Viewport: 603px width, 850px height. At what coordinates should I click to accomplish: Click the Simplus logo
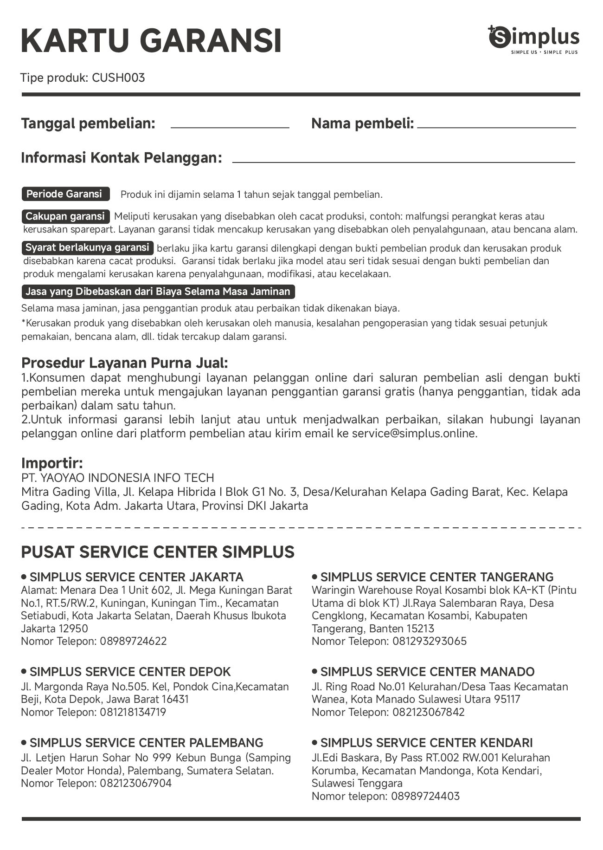coord(534,40)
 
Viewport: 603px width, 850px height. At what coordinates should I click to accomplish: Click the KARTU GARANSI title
coord(151,41)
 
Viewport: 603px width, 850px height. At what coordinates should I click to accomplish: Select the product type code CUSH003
coord(118,78)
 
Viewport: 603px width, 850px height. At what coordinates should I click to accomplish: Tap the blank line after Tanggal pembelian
coord(230,126)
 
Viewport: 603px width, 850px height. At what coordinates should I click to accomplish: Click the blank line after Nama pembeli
coord(496,126)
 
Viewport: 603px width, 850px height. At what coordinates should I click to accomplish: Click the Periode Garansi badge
coord(65,194)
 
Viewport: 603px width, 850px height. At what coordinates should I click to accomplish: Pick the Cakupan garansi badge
coord(65,216)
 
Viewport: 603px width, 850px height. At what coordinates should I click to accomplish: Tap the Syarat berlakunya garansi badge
coord(88,247)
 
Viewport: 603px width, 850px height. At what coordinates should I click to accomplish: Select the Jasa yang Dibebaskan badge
coord(158,292)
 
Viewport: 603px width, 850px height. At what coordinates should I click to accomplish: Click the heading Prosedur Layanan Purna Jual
coord(125,363)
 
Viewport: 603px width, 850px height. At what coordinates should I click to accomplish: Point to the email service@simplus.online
coord(414,434)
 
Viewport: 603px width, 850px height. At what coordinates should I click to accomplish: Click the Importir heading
coord(52,463)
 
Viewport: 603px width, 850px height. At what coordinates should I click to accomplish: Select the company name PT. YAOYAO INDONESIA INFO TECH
coord(118,478)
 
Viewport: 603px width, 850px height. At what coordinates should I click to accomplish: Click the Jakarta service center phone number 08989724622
coord(133,641)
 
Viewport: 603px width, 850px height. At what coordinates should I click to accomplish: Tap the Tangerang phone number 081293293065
coord(430,641)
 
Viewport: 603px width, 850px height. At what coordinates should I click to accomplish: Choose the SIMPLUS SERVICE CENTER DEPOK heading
coord(130,672)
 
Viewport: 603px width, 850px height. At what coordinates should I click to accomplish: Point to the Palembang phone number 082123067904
coord(135,783)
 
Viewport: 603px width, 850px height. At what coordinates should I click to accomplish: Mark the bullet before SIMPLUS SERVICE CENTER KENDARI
coord(314,742)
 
